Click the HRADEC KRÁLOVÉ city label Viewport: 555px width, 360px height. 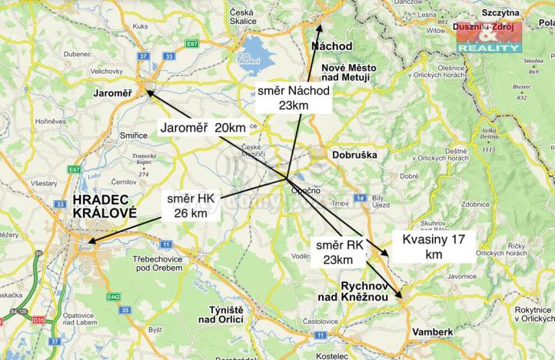coord(105,206)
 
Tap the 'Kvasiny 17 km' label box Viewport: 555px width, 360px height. coord(434,246)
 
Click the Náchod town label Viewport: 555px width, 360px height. coord(332,46)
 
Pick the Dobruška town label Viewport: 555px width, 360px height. coord(354,154)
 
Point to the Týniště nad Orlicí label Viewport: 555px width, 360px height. coord(221,314)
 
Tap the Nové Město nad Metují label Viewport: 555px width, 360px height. coord(345,72)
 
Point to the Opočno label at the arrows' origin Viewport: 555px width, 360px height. coord(305,189)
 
